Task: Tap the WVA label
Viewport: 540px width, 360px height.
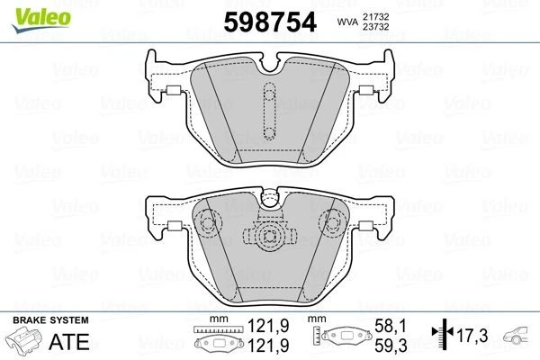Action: [344, 21]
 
